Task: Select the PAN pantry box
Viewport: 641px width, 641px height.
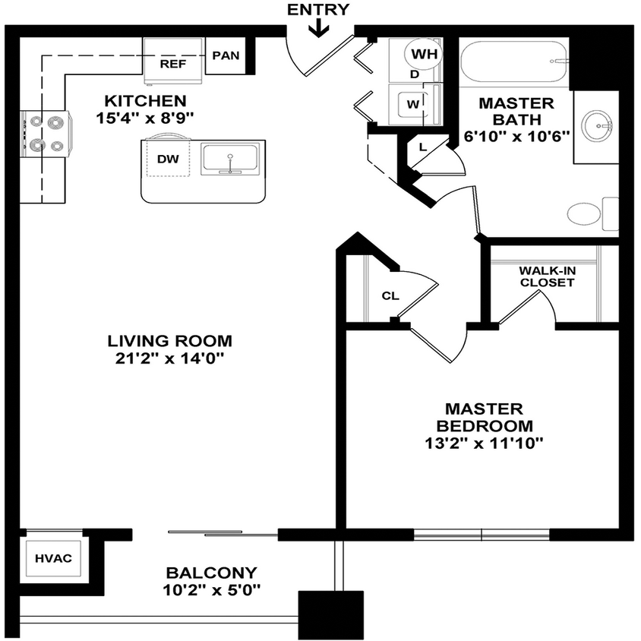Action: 226,55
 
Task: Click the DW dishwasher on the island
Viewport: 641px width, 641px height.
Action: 167,159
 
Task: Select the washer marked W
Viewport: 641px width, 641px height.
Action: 412,103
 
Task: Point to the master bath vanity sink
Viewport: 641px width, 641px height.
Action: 598,126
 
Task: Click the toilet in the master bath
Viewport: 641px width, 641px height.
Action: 589,213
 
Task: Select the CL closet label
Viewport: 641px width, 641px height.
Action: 390,296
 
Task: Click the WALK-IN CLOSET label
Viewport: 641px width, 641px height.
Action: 546,276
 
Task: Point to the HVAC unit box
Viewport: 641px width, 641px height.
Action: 53,559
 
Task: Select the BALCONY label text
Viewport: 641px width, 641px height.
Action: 211,573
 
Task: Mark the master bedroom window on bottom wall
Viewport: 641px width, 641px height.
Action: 482,535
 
